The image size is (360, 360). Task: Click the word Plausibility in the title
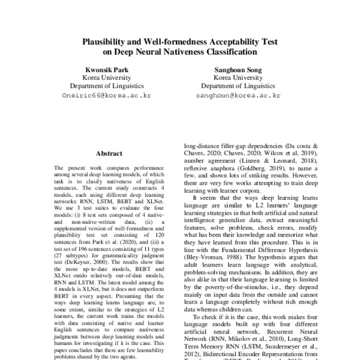105,43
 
